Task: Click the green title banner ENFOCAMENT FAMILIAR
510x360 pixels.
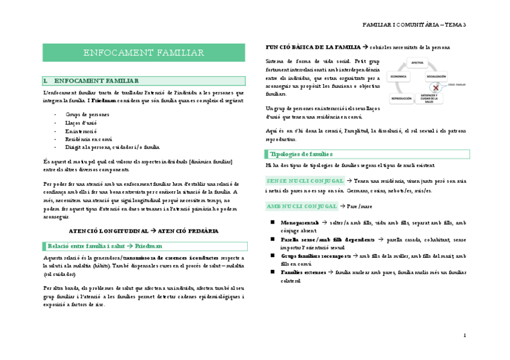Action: coord(144,53)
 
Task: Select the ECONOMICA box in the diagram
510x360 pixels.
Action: coord(398,76)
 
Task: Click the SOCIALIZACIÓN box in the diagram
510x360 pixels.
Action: coord(436,76)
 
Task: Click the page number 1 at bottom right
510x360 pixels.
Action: coord(465,335)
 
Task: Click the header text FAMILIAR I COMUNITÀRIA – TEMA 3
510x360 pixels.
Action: coord(414,25)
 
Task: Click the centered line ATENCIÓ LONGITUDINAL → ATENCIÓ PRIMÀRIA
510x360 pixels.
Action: coord(144,231)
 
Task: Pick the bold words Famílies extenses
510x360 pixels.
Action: coord(300,272)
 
